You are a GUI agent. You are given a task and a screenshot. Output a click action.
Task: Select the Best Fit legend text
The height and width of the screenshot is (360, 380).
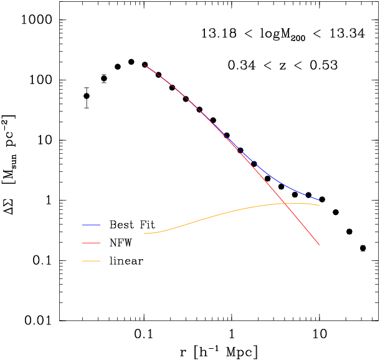pos(132,224)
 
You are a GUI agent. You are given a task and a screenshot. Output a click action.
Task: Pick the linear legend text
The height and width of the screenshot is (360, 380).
pos(126,261)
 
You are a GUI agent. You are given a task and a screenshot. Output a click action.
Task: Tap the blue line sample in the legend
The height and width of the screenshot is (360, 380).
pos(92,224)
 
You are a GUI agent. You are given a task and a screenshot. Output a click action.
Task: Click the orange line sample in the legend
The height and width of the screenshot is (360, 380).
pos(92,261)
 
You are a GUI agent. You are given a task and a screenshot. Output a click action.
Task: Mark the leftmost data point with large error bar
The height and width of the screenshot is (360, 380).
pos(87,96)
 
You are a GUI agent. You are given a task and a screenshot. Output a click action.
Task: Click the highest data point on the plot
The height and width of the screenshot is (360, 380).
pos(131,62)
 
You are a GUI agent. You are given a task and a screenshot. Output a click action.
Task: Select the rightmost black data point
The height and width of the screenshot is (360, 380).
pos(363,248)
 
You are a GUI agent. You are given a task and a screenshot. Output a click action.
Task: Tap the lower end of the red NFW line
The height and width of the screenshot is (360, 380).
pos(319,245)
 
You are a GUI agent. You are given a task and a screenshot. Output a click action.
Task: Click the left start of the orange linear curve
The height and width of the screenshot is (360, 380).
pos(145,233)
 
